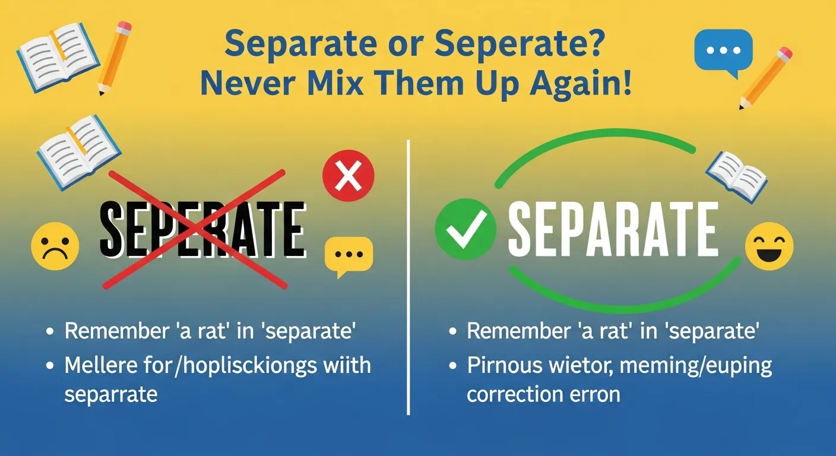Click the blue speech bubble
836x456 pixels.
pos(723,52)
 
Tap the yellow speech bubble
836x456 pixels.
pos(349,255)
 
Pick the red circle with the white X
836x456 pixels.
pos(348,175)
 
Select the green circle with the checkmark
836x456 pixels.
pos(465,230)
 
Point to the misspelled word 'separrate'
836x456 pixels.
pos(110,394)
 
